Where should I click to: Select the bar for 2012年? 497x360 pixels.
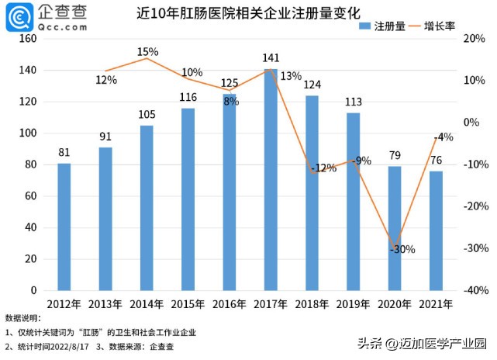tap(64, 227)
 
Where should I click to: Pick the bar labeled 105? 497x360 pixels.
tap(147, 208)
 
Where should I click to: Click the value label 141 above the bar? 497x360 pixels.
tap(271, 57)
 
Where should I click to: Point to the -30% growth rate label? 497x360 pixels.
tap(402, 249)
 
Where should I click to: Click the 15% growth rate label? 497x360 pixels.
tap(147, 52)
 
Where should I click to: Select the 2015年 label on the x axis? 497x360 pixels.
tap(188, 305)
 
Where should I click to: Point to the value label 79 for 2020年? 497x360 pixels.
tap(394, 156)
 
